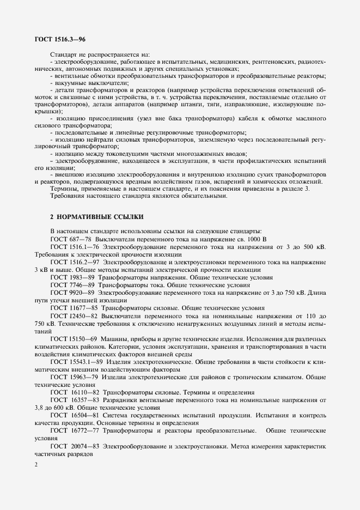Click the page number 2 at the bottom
[36, 464]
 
